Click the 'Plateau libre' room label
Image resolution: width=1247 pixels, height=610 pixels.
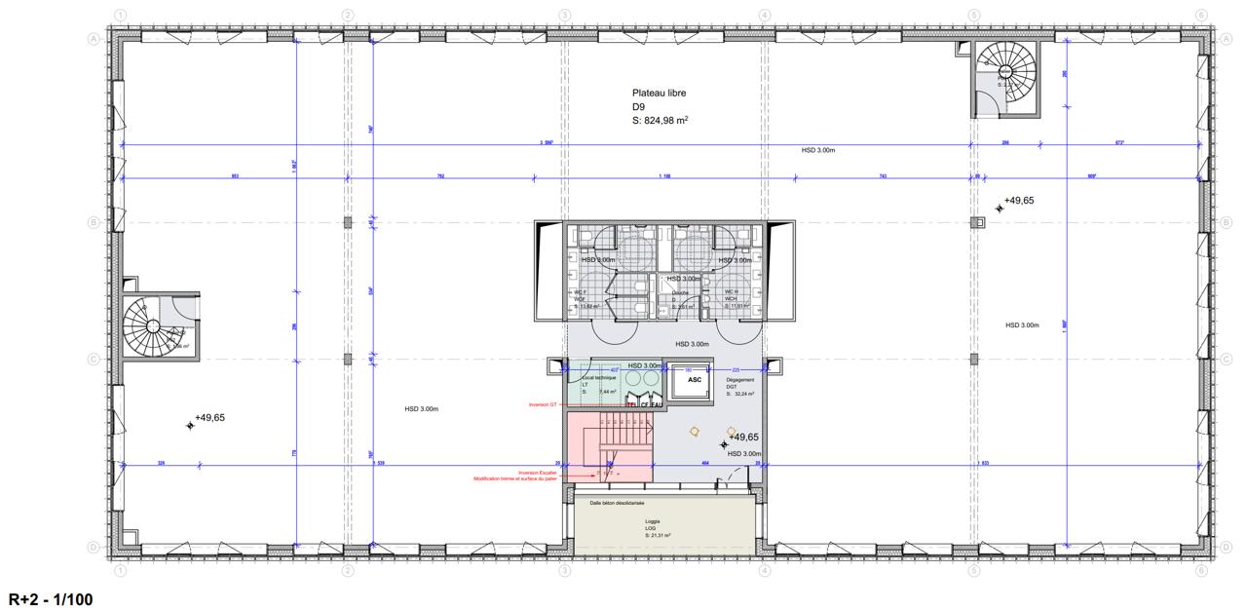click(659, 94)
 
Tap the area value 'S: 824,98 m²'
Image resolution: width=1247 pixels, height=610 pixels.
click(661, 121)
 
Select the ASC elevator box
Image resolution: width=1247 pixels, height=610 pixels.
click(695, 381)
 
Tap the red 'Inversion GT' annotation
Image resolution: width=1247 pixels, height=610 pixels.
click(543, 404)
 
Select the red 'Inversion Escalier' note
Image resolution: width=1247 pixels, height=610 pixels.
click(538, 473)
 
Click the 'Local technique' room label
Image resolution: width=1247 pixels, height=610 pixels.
click(591, 377)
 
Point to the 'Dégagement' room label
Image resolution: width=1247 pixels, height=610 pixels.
click(739, 378)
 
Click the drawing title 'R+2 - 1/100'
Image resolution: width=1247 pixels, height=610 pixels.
click(52, 597)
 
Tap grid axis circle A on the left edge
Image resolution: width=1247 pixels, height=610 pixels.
click(94, 39)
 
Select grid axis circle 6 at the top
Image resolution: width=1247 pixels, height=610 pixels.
click(1202, 16)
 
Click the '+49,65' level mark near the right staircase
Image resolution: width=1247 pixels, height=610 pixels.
click(1018, 200)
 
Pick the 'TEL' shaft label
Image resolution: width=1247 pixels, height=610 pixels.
click(631, 403)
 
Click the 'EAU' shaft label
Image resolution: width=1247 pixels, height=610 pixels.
click(657, 403)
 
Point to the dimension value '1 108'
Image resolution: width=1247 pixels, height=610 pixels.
click(665, 176)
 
